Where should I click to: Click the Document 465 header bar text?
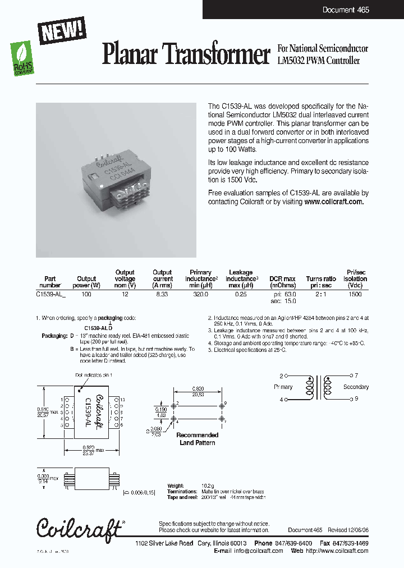pyautogui.click(x=346, y=10)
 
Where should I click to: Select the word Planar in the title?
pyautogui.click(x=131, y=54)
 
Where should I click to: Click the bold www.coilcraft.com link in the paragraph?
pyautogui.click(x=334, y=202)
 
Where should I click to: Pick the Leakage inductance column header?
pyautogui.click(x=242, y=278)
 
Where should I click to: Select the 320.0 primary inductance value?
pyautogui.click(x=200, y=294)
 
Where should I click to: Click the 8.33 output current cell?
pyautogui.click(x=163, y=294)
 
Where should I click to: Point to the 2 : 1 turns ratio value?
pyautogui.click(x=321, y=294)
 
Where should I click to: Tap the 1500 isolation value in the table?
pyautogui.click(x=355, y=294)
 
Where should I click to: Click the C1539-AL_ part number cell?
pyautogui.click(x=50, y=294)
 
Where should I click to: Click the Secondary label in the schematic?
pyautogui.click(x=356, y=387)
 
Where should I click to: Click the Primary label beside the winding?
pyautogui.click(x=283, y=387)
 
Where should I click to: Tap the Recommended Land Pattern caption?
pyautogui.click(x=198, y=439)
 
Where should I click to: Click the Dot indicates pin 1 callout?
pyautogui.click(x=94, y=375)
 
